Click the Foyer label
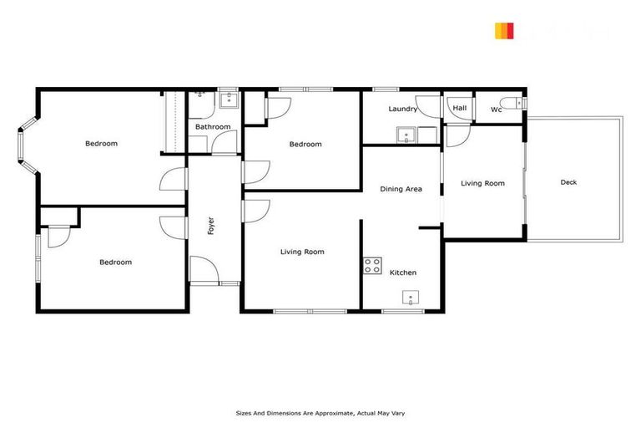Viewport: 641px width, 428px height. point(211,226)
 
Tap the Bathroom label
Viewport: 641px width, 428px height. point(213,127)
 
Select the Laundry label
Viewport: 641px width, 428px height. point(403,110)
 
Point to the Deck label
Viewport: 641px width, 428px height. point(569,182)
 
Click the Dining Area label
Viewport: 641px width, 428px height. point(401,189)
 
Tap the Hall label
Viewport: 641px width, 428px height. point(459,108)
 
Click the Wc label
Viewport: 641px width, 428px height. point(496,110)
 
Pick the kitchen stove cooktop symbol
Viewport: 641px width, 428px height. point(372,267)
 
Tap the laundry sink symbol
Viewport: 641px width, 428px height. point(406,135)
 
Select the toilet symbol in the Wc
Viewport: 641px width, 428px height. point(521,104)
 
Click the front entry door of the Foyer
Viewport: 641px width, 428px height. point(203,272)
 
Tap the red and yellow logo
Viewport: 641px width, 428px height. point(503,31)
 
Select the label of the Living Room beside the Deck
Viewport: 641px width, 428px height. point(483,183)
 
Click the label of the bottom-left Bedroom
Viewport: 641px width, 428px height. point(115,262)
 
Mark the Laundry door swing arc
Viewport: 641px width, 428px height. point(430,107)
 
